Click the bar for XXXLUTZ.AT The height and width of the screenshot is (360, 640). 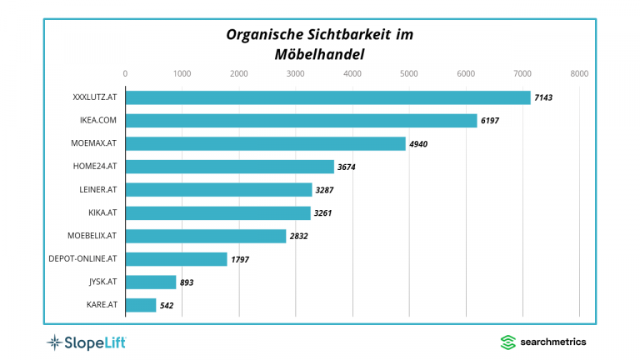coord(327,97)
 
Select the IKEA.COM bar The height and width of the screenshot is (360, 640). coord(301,121)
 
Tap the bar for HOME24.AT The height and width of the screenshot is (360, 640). coord(229,167)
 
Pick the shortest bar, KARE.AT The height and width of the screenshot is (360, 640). coord(141,305)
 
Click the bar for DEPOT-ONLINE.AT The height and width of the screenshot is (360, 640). coord(176,259)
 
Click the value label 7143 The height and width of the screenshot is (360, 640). coord(543,98)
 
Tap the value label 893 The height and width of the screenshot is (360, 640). coord(187,282)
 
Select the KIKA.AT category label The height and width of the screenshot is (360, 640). coord(101,213)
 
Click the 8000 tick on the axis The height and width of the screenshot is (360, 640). coord(579,74)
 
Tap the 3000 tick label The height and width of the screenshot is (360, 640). coord(295,74)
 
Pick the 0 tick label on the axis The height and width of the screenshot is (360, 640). coord(125,74)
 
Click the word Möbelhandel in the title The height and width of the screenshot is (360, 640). coord(320,54)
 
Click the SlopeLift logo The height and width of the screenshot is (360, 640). coord(86,342)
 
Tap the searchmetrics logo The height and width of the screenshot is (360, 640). coord(542,342)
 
